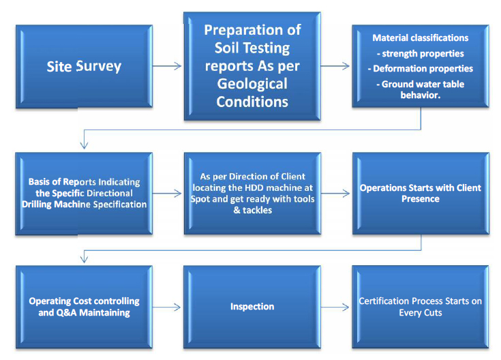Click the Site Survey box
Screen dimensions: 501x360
click(x=84, y=67)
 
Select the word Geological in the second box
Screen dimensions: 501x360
click(x=252, y=84)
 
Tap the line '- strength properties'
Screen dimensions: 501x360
click(x=420, y=53)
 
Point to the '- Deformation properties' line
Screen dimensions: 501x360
click(x=420, y=68)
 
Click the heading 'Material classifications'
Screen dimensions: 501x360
click(x=420, y=37)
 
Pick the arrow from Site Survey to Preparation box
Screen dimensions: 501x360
click(x=167, y=66)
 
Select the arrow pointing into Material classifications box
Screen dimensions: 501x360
click(x=335, y=66)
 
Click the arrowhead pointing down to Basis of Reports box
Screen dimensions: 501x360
click(x=84, y=145)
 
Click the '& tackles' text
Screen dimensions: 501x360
click(x=253, y=210)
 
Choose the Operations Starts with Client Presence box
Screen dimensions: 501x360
click(x=421, y=194)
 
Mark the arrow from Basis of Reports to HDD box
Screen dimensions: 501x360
click(x=167, y=194)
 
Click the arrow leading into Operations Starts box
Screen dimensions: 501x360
click(x=335, y=194)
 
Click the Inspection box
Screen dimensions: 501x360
click(x=252, y=307)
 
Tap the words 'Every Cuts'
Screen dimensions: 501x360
click(x=421, y=313)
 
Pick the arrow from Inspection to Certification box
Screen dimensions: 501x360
click(x=335, y=307)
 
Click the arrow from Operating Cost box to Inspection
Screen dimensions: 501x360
click(x=166, y=307)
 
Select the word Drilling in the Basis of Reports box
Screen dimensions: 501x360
click(x=36, y=205)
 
